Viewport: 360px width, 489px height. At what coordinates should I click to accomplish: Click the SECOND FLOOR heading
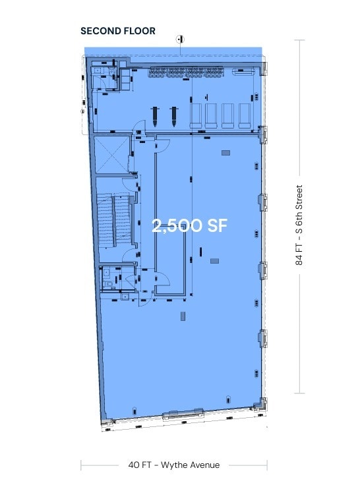[118, 30]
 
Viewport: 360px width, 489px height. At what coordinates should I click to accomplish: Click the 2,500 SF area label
[190, 225]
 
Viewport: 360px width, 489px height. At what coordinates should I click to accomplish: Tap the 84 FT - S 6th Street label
[300, 224]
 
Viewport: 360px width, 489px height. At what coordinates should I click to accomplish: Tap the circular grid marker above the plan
[179, 39]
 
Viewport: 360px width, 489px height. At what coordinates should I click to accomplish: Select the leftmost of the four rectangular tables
[196, 115]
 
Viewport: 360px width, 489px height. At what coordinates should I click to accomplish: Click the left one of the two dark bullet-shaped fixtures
[155, 116]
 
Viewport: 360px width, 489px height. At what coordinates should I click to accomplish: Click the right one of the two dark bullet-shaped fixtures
[175, 116]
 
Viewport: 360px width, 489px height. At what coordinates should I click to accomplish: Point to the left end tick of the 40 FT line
[82, 465]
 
